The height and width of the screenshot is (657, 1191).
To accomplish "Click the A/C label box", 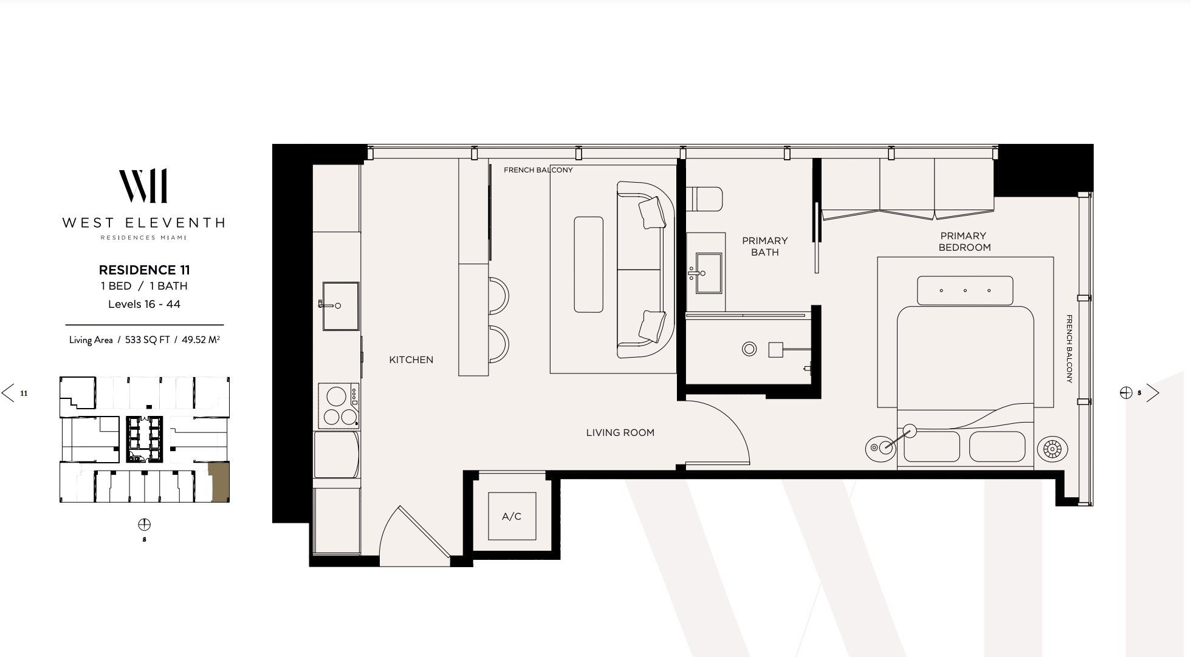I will coord(512,516).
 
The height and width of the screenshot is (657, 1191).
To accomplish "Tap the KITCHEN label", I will coord(411,359).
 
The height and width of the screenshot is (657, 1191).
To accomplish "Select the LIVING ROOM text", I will coord(620,432).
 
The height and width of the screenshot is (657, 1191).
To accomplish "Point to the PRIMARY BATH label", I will coord(764,246).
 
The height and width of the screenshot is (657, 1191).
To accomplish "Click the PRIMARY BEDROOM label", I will coord(964,241).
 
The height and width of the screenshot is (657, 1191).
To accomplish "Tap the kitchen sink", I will coord(340,305).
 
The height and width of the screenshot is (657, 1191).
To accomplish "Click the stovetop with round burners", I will coord(338,406).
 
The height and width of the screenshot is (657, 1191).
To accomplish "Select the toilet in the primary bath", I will coord(705,199).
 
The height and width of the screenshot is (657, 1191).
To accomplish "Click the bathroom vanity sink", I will coord(707,273).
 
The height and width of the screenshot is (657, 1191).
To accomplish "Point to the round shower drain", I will coord(749,349).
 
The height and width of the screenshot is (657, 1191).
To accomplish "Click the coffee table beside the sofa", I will coord(588,264).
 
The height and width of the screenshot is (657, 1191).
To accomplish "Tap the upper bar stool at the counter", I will coord(498,296).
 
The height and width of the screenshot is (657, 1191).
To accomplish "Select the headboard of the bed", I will coord(964,290).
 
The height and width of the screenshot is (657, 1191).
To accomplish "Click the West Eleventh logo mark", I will coord(143,186).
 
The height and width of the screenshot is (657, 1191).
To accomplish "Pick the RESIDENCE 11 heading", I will coord(145,270).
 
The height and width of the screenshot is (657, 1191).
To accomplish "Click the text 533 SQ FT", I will coord(148,340).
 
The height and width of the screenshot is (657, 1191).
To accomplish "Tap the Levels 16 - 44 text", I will coord(144,304).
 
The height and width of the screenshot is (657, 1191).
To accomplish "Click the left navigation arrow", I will coord(9,393).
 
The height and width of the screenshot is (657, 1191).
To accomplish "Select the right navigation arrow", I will coord(1153,393).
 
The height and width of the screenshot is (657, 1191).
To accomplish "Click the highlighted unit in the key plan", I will coord(220,482).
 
